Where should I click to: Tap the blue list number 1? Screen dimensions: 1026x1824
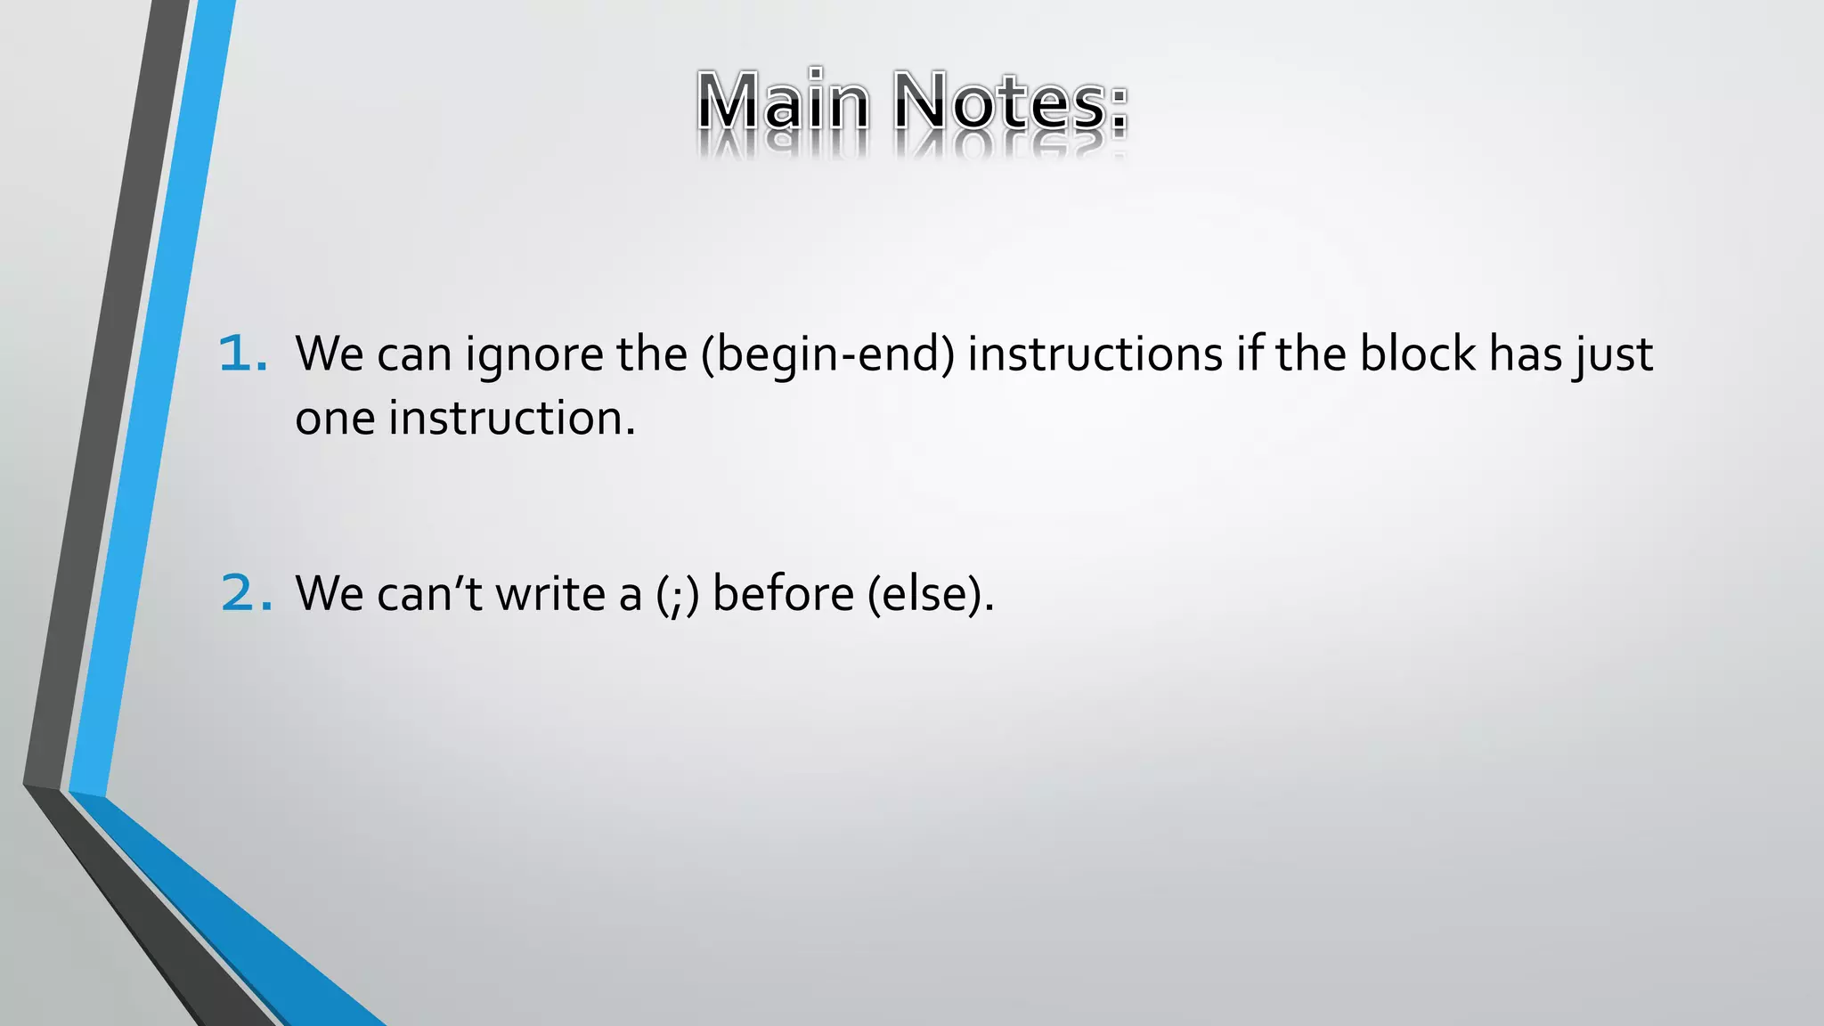pos(241,354)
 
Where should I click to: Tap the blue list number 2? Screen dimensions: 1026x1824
pos(245,593)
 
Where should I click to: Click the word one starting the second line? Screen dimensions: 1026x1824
pos(335,419)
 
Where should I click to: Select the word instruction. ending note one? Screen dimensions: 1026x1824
pos(512,418)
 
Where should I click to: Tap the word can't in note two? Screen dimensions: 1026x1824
pos(429,594)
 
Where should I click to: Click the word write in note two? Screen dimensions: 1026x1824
pos(550,593)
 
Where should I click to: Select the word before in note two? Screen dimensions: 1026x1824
pos(783,593)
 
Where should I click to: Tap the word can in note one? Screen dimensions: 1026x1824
pos(414,355)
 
